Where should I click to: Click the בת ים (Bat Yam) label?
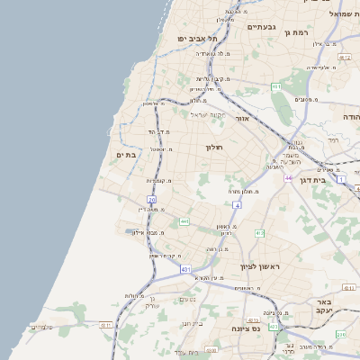click(125, 155)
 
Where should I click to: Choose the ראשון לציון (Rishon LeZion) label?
click(260, 267)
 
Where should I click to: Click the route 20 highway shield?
click(153, 199)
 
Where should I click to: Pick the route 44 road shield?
click(289, 178)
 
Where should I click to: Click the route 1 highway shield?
click(341, 180)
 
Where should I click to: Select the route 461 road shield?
click(276, 86)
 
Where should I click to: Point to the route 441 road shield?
click(184, 221)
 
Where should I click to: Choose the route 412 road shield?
click(259, 234)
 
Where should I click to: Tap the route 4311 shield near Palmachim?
click(106, 325)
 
